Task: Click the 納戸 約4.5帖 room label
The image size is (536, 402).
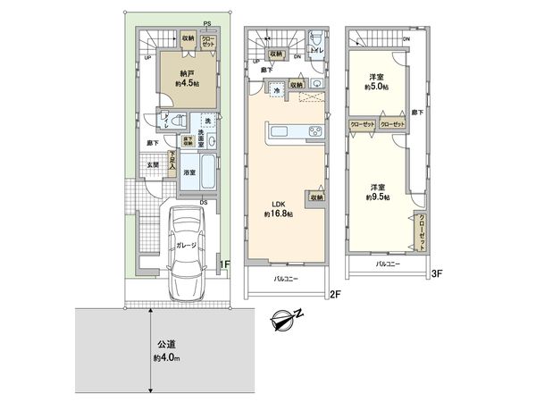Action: [x=186, y=77]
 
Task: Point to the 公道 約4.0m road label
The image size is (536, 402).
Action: [x=166, y=352]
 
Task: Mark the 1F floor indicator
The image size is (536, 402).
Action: [x=229, y=264]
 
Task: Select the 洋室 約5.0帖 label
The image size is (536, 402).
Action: [x=373, y=82]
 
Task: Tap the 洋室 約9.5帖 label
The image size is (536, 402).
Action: [x=373, y=193]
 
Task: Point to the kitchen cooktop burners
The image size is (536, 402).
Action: [x=316, y=134]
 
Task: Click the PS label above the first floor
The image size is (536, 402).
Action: [x=206, y=23]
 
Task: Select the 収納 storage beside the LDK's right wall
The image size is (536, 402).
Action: [x=317, y=197]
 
